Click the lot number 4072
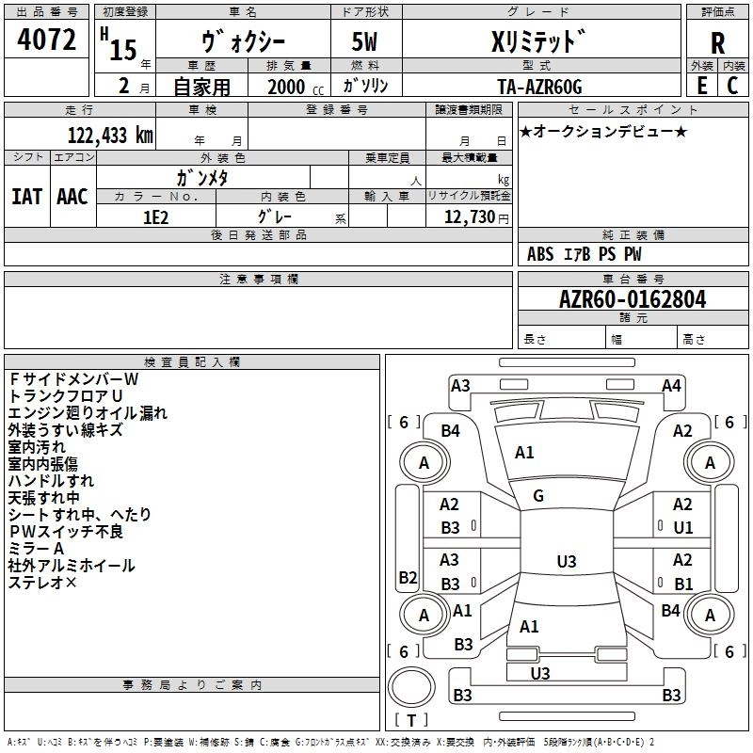(46, 40)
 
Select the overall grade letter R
(717, 43)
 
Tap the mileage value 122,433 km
(110, 135)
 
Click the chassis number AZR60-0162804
(633, 299)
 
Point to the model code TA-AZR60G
(539, 87)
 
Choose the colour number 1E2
(155, 217)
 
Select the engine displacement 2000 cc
(296, 87)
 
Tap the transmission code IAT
(27, 197)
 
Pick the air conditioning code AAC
(72, 197)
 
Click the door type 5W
(364, 41)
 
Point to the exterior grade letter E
(702, 86)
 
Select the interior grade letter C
(732, 86)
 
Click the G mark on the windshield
(538, 496)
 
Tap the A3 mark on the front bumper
(460, 386)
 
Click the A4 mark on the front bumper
(671, 386)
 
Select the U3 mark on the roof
(567, 561)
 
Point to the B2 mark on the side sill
(408, 577)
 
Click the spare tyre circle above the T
(411, 687)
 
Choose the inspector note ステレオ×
(42, 583)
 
